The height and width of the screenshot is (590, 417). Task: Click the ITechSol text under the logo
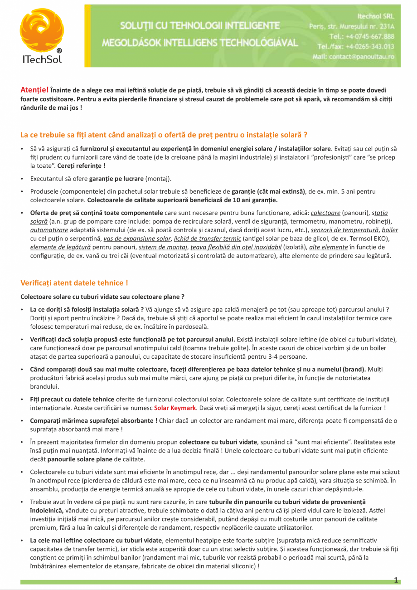click(42, 59)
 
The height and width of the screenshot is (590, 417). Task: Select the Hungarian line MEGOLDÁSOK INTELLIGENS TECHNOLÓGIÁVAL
click(200, 43)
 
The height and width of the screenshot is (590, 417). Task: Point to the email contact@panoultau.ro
click(354, 57)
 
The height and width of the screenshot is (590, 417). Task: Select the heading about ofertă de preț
click(164, 135)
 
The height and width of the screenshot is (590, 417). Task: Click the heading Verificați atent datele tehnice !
click(74, 283)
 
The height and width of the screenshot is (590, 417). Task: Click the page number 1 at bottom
click(396, 580)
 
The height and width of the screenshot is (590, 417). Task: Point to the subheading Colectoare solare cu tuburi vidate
click(102, 297)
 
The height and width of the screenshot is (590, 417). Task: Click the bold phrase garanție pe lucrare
click(117, 178)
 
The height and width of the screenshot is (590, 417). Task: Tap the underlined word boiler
click(390, 230)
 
